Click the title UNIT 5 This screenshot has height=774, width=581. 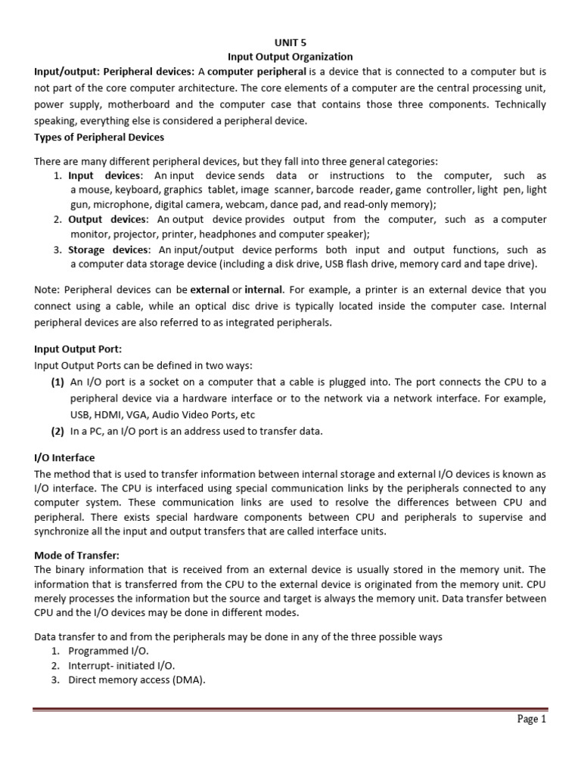point(290,42)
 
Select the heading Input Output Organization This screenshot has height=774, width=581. point(290,57)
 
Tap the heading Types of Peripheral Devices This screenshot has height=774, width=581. point(99,137)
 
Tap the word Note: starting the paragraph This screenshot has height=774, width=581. point(48,289)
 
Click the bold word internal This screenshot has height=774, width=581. point(264,289)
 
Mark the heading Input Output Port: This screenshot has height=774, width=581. point(77,349)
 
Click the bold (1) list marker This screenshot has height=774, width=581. point(57,382)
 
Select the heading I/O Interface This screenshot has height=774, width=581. point(65,458)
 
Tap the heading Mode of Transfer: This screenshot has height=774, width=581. point(77,556)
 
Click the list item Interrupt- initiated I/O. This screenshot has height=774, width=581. point(121,665)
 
